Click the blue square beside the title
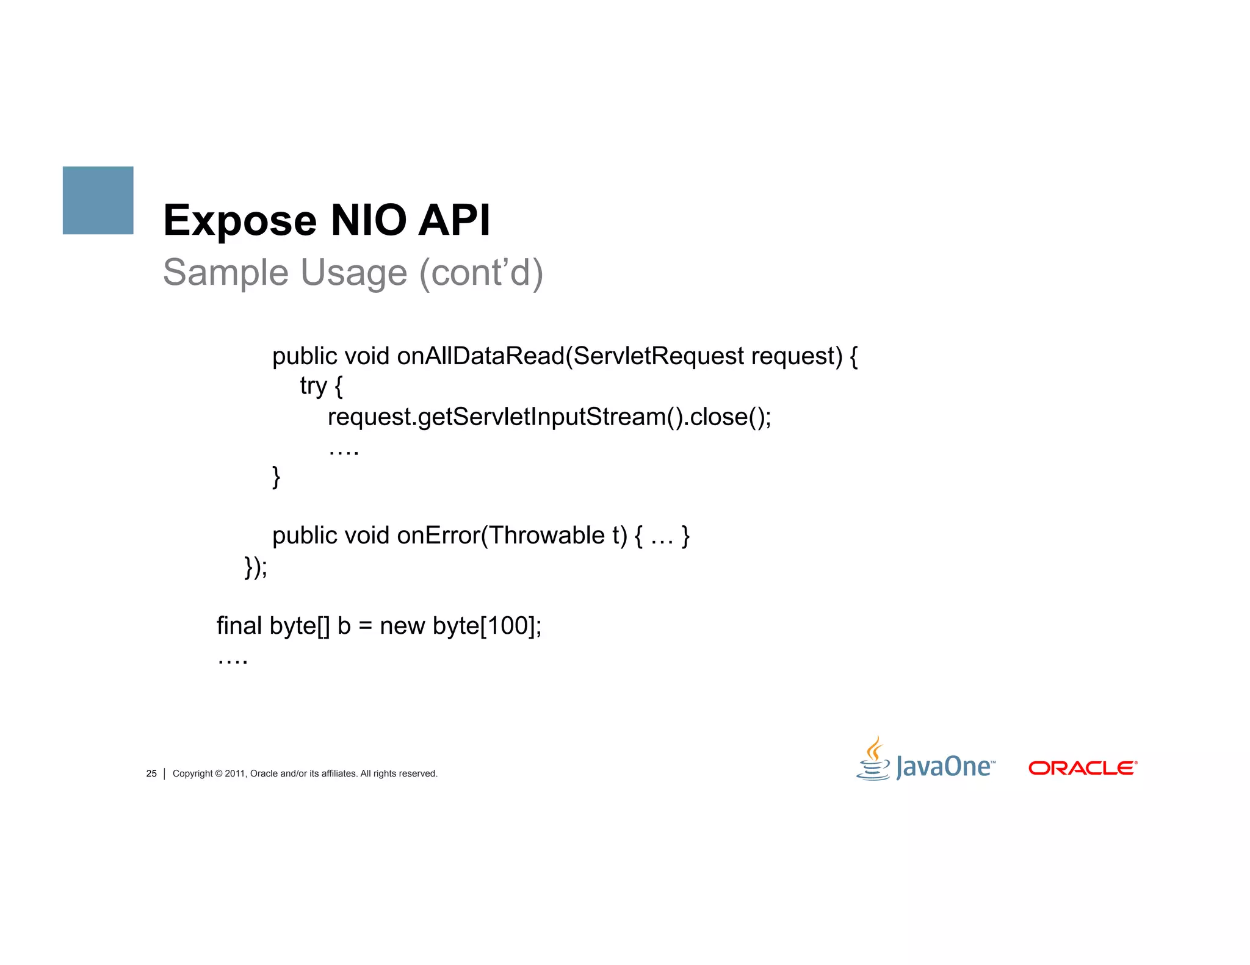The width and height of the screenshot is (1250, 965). (98, 200)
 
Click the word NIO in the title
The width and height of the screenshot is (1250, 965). (368, 220)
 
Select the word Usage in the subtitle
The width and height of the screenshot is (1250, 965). (354, 273)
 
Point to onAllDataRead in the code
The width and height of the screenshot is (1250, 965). (480, 356)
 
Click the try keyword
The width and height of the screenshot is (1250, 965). (313, 386)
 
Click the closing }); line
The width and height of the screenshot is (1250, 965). (256, 567)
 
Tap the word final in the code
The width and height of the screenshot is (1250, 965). (239, 626)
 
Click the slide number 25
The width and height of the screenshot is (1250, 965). (151, 773)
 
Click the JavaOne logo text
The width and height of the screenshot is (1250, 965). (944, 767)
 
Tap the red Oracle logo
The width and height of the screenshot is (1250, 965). (1082, 768)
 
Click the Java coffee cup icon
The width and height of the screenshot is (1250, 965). (874, 759)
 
